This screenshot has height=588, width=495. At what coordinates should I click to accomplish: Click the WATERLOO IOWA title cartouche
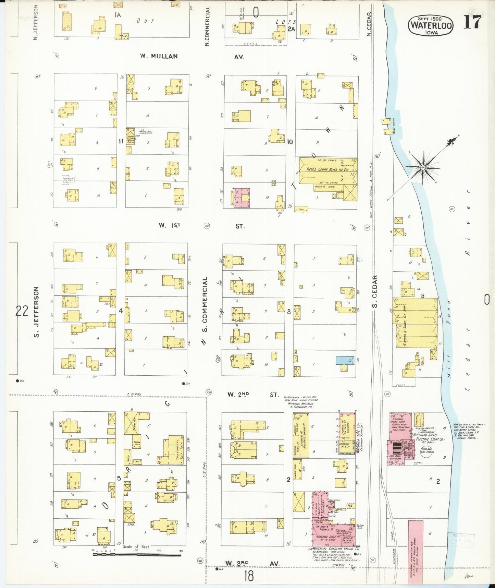pos(431,25)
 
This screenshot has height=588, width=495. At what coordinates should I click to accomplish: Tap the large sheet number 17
pos(473,23)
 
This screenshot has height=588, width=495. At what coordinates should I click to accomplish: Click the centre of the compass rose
pos(423,167)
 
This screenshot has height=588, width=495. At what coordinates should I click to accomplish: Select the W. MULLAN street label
pos(159,56)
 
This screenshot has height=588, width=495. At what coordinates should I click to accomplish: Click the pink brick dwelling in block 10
pos(242,198)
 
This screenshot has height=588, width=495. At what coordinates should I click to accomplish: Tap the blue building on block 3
pos(345,360)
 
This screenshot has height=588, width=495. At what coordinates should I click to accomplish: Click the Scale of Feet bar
pos(137,554)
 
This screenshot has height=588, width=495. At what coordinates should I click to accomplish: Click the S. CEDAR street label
pos(375,291)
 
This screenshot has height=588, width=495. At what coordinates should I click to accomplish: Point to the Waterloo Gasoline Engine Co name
pos(336,549)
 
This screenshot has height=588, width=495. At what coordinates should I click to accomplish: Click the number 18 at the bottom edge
pos(249,576)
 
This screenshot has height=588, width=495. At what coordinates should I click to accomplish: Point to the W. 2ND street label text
pos(238,395)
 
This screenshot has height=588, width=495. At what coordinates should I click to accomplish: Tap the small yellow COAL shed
pos(301,209)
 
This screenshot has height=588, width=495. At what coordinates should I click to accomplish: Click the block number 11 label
pos(121,141)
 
